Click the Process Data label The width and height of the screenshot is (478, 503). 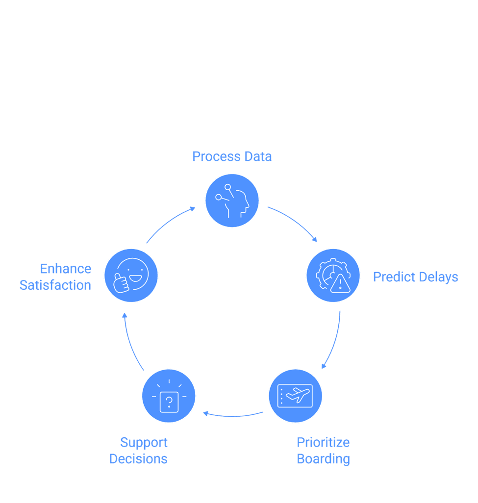coord(231,156)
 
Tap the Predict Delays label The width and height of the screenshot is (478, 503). coord(415,277)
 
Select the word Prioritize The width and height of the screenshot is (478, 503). coord(323,442)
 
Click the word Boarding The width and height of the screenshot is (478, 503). coord(323,459)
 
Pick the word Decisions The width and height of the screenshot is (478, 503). coord(138,459)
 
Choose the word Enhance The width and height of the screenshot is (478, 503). coord(65,269)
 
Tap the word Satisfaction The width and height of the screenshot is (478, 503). coord(55,285)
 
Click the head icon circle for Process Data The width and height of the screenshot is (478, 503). coord(232,201)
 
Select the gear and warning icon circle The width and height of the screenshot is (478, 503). coord(333,275)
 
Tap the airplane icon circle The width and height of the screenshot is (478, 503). coord(295,396)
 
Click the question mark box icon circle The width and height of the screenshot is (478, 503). coord(169,396)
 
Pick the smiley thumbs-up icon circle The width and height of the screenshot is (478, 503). coord(131,275)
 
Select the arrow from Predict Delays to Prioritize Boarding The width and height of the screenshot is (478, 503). coord(334,341)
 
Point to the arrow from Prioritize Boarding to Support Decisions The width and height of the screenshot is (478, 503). coord(233,416)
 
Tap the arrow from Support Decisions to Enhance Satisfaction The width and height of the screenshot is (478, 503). coord(130,343)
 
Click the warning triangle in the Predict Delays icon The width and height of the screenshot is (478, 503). coord(340,283)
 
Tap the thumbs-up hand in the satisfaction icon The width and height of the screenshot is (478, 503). coord(121,283)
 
